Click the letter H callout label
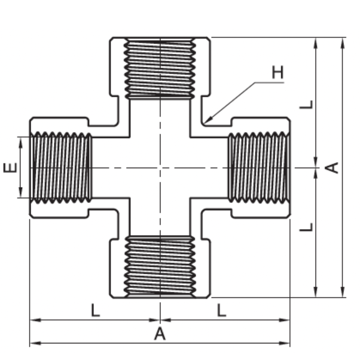coord(277,72)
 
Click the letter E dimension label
coord(10,167)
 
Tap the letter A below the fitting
coord(160,334)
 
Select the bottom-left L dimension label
coord(95,311)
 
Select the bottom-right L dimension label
coord(222,311)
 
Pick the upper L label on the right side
coord(306,104)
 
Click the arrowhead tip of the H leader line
coord(205,122)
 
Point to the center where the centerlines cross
coord(160,168)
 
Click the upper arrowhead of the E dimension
coord(21,139)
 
